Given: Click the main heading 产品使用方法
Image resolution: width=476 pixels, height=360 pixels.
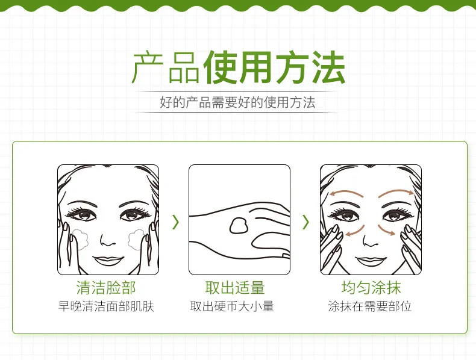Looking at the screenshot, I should (x=238, y=68).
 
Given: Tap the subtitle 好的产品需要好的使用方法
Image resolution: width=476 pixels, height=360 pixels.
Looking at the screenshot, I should (x=237, y=102).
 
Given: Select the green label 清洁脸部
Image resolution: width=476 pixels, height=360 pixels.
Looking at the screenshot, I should (x=107, y=287).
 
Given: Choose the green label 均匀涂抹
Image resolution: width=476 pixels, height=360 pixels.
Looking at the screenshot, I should (x=371, y=287).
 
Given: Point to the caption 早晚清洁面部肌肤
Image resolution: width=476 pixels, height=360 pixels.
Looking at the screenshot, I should (x=107, y=306).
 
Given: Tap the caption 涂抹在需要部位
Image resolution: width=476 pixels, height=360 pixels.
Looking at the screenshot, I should (x=370, y=306).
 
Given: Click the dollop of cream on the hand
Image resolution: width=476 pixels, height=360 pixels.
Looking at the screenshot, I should (x=239, y=225).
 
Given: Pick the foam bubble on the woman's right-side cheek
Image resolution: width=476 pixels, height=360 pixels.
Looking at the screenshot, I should (x=136, y=238).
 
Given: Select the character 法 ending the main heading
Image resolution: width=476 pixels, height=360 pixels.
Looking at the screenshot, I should (x=328, y=68).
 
